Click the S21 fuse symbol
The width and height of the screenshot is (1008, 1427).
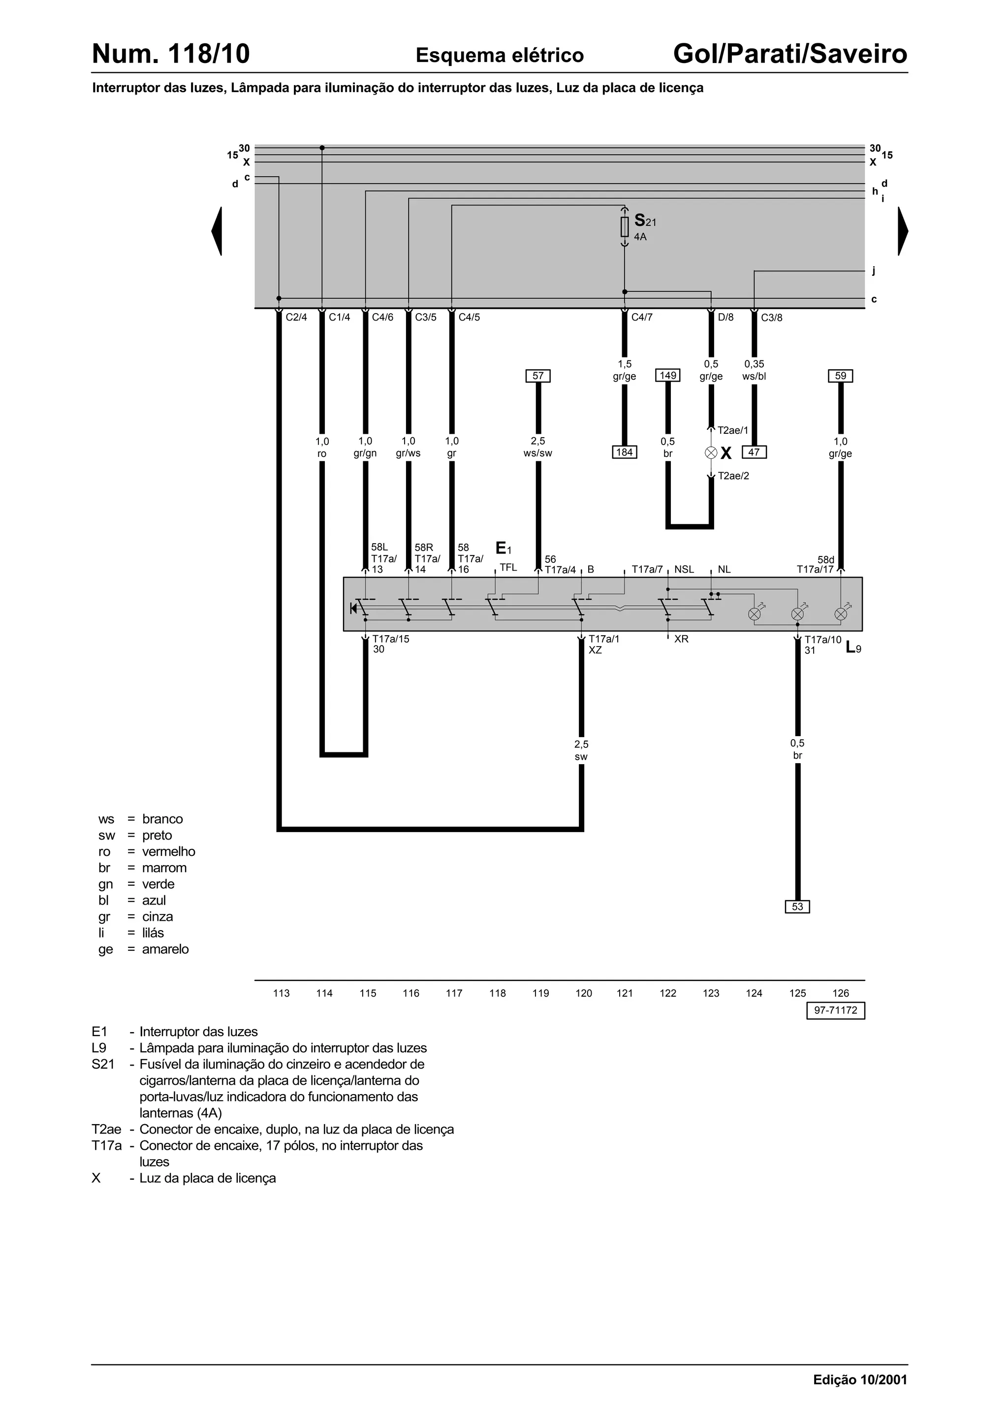pyautogui.click(x=625, y=227)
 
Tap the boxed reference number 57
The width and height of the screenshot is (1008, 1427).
pyautogui.click(x=538, y=376)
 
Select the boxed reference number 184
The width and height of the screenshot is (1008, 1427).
pyautogui.click(x=624, y=452)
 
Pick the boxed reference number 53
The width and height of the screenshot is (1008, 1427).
pyautogui.click(x=797, y=907)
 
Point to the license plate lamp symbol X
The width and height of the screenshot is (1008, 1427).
pyautogui.click(x=711, y=453)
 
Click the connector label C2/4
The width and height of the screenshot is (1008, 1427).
pyautogui.click(x=296, y=318)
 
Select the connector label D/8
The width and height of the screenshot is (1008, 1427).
pyautogui.click(x=725, y=318)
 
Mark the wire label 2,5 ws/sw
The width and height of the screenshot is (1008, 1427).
pyautogui.click(x=538, y=448)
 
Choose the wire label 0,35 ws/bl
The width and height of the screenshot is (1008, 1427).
pyautogui.click(x=754, y=370)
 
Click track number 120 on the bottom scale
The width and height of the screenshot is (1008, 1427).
pyautogui.click(x=584, y=993)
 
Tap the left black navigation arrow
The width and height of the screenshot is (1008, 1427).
pyautogui.click(x=217, y=231)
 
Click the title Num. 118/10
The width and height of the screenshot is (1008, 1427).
pyautogui.click(x=171, y=54)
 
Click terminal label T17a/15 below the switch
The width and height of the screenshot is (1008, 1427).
pyautogui.click(x=391, y=639)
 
